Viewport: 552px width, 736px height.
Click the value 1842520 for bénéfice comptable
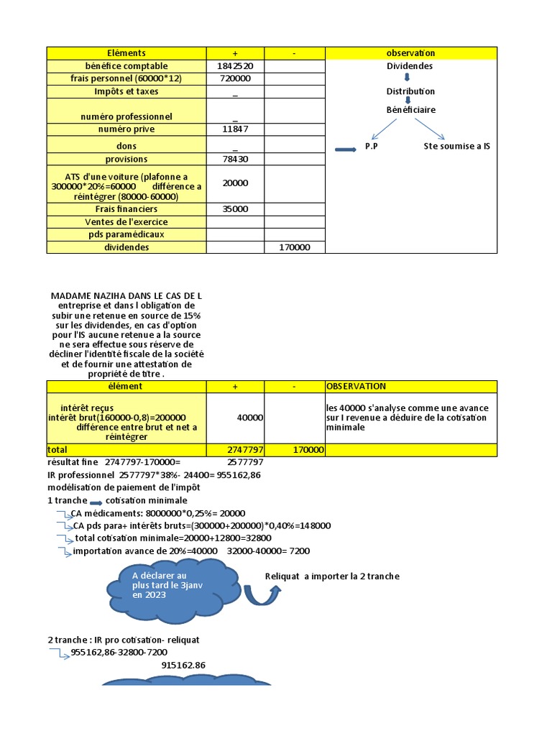pos(235,65)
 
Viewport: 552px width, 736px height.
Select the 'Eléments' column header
pos(126,53)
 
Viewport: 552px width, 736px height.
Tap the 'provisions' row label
pos(126,159)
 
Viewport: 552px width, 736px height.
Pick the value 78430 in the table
pos(235,159)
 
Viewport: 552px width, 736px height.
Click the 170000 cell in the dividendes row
pos(295,247)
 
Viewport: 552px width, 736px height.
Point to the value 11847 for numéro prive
pos(235,129)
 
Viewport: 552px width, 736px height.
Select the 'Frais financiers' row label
pos(126,208)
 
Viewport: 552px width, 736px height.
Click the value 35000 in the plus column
pos(235,208)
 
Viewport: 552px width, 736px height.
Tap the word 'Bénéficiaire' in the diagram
pos(410,110)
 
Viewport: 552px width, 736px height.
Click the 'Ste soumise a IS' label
pos(457,147)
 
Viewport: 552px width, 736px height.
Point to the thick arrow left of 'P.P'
pos(346,149)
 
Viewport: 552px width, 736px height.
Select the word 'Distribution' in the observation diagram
pos(410,91)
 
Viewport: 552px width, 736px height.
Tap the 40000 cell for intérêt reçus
pos(250,417)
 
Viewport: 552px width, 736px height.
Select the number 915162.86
pos(184,666)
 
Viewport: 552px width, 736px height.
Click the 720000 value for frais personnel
pos(235,78)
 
